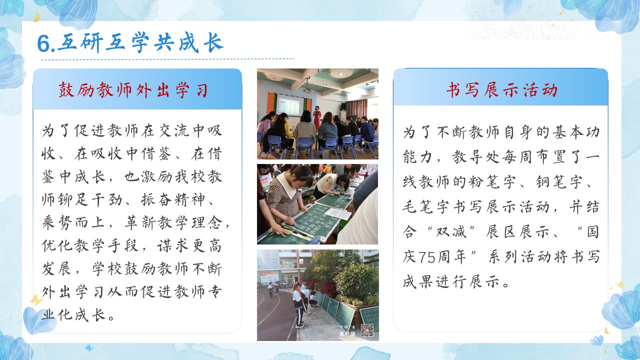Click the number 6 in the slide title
pos(44,43)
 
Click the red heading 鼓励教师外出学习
pos(133,90)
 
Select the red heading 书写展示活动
pos(501,90)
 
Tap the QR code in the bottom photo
pos(367,330)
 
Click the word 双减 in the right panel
pos(451,231)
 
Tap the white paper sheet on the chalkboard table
pos(337,213)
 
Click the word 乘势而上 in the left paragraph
pos(73,222)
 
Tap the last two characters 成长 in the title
pos(201,43)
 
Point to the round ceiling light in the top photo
pos(341,73)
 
